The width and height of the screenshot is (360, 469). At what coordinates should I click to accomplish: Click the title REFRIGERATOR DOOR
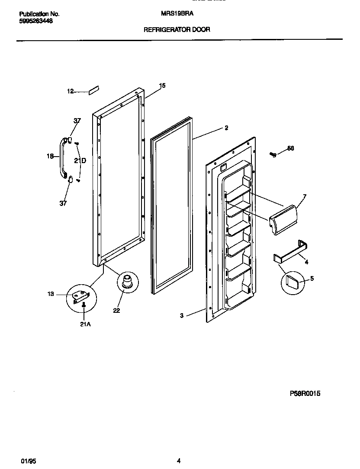coord(177,30)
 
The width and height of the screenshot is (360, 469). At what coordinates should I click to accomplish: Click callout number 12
coord(71,91)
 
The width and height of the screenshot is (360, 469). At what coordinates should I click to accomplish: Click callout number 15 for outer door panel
coord(162,86)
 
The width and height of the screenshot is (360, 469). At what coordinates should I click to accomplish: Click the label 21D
coord(80,161)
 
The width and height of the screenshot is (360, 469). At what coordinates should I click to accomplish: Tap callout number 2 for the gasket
coord(226,128)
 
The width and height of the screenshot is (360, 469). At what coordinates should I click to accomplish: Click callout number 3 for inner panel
coord(182,316)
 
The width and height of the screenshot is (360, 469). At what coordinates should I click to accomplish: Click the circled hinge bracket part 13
coord(81,296)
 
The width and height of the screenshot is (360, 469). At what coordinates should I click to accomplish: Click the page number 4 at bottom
coord(178,461)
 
